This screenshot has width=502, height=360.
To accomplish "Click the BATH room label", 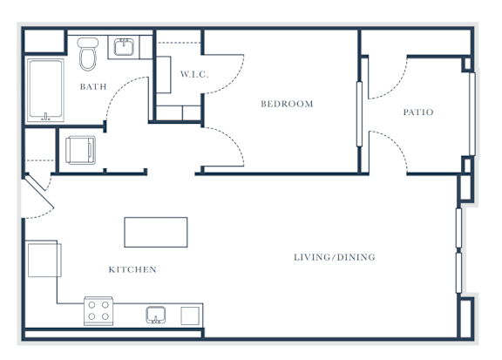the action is [93, 86].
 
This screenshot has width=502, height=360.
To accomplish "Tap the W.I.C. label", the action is [194, 74].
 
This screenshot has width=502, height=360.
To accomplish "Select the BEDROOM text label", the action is [287, 104].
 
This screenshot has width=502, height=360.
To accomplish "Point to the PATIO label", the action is [418, 112].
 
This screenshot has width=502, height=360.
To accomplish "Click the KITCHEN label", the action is [132, 269].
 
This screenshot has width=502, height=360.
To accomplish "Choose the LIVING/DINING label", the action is [335, 257].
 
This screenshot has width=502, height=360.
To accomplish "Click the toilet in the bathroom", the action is [88, 54].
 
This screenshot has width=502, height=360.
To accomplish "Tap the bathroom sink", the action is [124, 47].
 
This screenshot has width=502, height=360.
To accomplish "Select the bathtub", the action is [45, 90].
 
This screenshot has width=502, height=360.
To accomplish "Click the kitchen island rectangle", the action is [156, 232].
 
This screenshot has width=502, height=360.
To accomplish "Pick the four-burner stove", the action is [98, 311].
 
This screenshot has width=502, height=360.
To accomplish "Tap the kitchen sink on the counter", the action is [156, 315].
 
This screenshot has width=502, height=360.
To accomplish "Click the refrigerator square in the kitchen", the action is [44, 260].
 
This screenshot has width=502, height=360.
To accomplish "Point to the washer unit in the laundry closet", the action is [81, 150].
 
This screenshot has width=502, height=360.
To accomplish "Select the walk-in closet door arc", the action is [232, 81].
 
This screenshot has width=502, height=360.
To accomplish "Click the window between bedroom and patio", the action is [359, 114].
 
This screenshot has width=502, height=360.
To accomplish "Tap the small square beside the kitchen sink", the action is [190, 316].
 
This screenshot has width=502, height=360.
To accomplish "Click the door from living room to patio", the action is [393, 145].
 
